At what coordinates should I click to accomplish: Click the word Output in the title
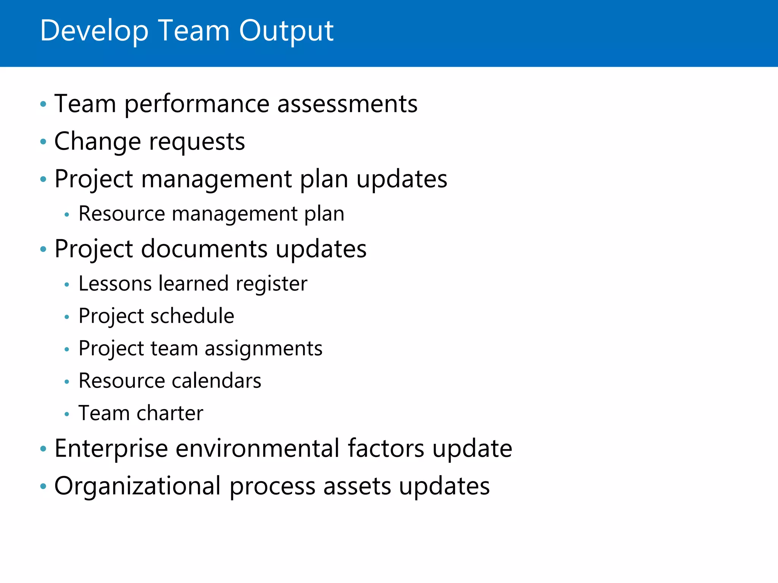(x=286, y=31)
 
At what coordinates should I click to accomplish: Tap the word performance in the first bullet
(x=196, y=104)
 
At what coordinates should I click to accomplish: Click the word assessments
(x=347, y=104)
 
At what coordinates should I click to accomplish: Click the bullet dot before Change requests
(x=43, y=142)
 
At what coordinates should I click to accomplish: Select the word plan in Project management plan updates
(x=324, y=179)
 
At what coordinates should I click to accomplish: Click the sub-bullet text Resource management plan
(x=211, y=214)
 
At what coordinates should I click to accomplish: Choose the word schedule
(x=192, y=316)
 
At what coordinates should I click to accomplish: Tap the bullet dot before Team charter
(x=67, y=414)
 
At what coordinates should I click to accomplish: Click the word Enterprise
(x=111, y=449)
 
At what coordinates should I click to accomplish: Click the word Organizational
(x=137, y=486)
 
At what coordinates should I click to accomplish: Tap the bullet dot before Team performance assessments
(x=43, y=104)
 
